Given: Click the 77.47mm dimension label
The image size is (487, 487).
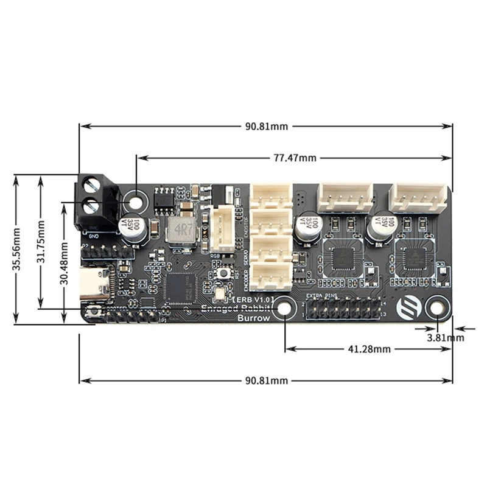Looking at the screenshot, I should [295, 158].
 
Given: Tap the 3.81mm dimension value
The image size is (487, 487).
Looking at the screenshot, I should [446, 337].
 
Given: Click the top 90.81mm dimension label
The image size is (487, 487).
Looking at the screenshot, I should [266, 127].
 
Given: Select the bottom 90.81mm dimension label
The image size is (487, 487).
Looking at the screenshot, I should [266, 380].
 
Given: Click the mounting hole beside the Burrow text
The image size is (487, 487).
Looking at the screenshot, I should [284, 309].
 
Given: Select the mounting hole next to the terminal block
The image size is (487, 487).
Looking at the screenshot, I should [136, 200].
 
